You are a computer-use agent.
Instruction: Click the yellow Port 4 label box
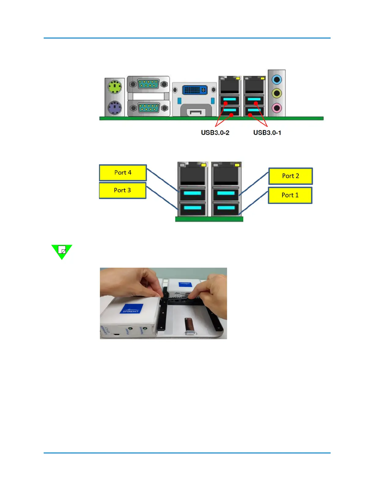pyautogui.click(x=123, y=173)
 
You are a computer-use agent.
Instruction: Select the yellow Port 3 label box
pyautogui.click(x=123, y=190)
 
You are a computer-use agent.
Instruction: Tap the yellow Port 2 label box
pyautogui.click(x=290, y=176)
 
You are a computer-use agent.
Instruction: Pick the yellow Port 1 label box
pyautogui.click(x=290, y=195)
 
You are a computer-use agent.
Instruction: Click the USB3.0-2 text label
pyautogui.click(x=215, y=133)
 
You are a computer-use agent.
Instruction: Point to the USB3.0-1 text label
pyautogui.click(x=267, y=133)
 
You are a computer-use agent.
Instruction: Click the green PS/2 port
pyautogui.click(x=115, y=87)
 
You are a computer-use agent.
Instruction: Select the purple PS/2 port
pyautogui.click(x=115, y=108)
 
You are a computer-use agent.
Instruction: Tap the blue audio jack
pyautogui.click(x=277, y=80)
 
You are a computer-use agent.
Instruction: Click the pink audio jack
pyautogui.click(x=277, y=108)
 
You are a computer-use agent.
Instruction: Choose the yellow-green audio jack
pyautogui.click(x=277, y=93)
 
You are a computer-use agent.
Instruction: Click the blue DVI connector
pyautogui.click(x=195, y=90)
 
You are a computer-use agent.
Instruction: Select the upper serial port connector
pyautogui.click(x=148, y=84)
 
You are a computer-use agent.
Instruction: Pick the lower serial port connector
pyautogui.click(x=148, y=108)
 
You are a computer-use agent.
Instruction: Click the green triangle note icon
pyautogui.click(x=62, y=251)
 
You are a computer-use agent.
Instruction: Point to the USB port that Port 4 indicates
pyautogui.click(x=193, y=194)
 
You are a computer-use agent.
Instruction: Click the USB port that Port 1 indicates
pyautogui.click(x=226, y=208)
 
